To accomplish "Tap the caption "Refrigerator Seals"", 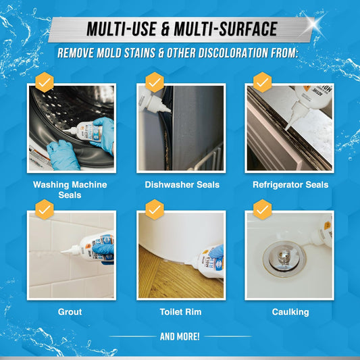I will click(290, 184).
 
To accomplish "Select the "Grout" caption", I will click(70, 313).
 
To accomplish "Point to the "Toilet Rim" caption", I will click(180, 313).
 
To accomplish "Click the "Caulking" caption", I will click(290, 313).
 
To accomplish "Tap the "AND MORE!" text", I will click(180, 336).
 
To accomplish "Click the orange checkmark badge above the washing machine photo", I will click(45, 82).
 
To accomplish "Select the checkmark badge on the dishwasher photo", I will click(155, 82).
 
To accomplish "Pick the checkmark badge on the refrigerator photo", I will click(263, 82).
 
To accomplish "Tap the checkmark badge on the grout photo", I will click(45, 209).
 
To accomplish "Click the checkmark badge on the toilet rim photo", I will click(155, 209).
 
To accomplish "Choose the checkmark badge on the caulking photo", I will click(263, 209).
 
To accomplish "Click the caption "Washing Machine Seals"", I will click(70, 190).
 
